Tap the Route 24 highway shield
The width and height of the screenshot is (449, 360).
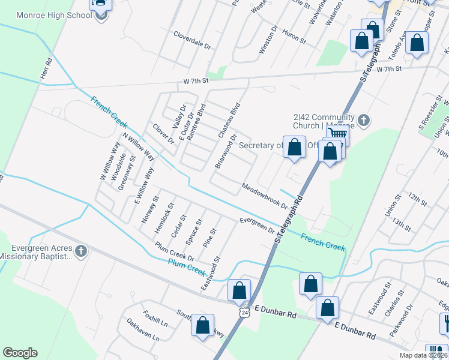coord(244,313)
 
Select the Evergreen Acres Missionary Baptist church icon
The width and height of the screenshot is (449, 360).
coord(81,250)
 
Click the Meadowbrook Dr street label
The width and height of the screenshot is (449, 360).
coord(264,196)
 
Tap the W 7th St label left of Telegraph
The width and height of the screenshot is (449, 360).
coord(196,80)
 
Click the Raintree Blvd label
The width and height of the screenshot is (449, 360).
coord(196,122)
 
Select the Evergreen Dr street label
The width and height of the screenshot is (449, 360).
coord(256,226)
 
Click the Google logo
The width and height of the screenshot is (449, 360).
coord(20,353)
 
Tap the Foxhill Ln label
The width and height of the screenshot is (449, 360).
coord(154,316)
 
